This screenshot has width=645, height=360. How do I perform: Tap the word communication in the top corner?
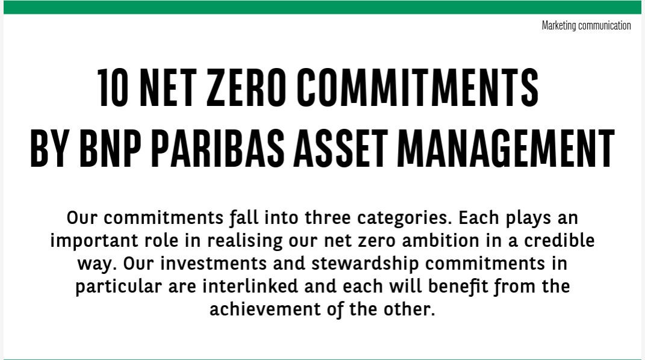tap(604, 25)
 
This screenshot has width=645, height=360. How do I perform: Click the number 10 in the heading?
tap(113, 87)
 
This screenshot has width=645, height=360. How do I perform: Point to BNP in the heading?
tap(110, 148)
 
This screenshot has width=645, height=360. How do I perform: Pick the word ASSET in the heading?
tap(341, 148)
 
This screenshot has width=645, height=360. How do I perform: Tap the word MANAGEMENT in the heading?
tap(505, 148)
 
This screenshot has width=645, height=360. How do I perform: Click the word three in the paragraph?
tap(328, 217)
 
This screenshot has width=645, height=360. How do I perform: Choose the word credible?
tap(559, 240)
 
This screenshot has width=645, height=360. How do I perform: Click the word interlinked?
tap(250, 286)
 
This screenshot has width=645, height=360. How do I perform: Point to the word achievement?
tap(265, 309)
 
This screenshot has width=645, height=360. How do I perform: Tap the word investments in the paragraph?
tap(213, 264)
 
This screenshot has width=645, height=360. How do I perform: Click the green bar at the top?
tap(323, 7)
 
